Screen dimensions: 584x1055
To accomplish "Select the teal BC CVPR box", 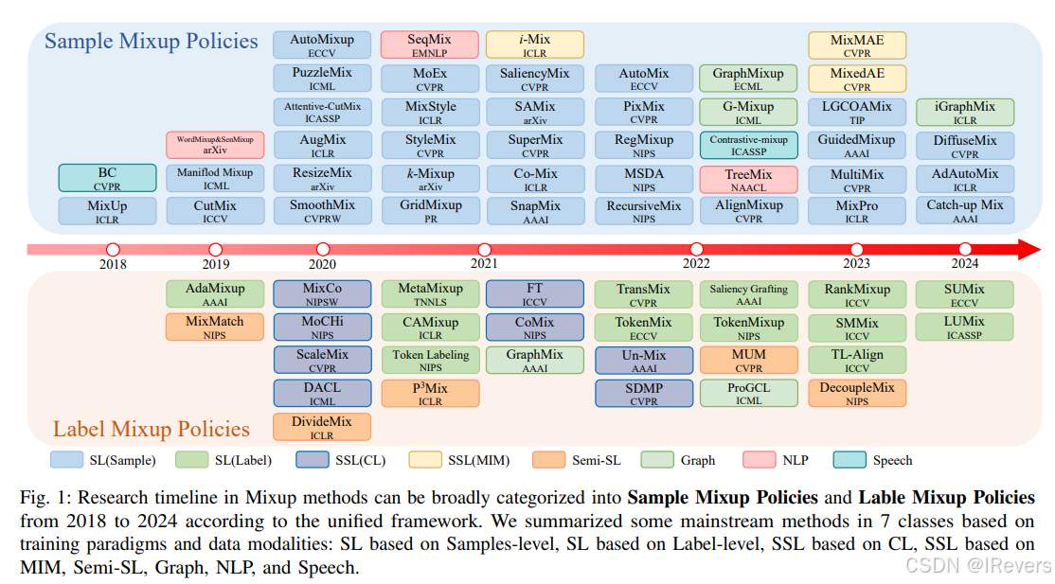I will point(107,178).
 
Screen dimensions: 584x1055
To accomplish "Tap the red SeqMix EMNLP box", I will point(429,45).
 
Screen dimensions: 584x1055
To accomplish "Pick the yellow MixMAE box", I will point(857,45).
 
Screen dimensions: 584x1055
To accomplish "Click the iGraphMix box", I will point(965,113).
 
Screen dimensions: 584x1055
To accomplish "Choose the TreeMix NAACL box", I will point(749,180).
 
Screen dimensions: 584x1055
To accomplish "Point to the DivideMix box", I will point(322,427).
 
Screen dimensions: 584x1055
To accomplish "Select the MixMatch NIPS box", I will point(215,327).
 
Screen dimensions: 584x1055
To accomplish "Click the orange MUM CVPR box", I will point(749,360).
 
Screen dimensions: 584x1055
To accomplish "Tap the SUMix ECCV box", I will point(964,294).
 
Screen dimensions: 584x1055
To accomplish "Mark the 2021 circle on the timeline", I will point(484,249).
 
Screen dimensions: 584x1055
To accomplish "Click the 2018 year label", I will point(113,264).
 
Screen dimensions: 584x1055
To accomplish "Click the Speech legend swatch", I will point(849,460).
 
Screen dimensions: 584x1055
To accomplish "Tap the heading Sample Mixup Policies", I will point(152,41).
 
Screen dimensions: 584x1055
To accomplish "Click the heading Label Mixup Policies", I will point(152,430).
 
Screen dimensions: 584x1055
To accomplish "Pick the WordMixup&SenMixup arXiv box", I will point(215,145).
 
